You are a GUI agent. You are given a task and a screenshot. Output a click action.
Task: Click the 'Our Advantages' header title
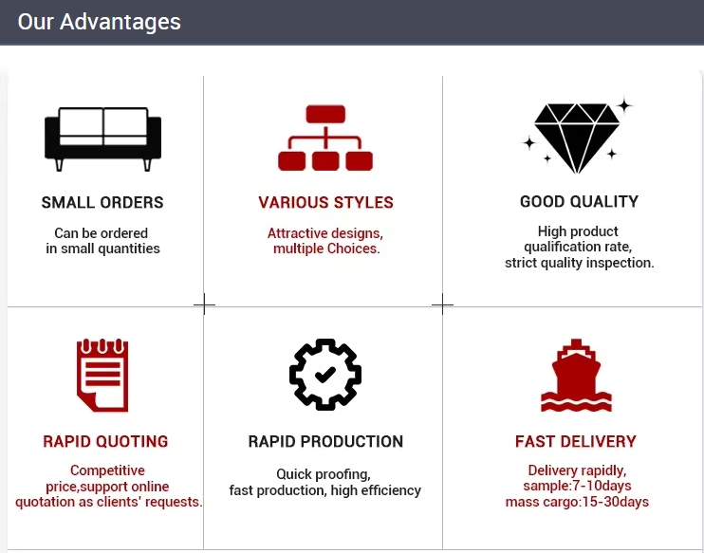100,22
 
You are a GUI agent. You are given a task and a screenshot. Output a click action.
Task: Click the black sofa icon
102,139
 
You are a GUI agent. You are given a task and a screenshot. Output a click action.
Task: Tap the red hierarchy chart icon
325,138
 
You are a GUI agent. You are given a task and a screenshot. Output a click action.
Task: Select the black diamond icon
577,138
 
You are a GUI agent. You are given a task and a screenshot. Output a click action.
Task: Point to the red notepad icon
102,376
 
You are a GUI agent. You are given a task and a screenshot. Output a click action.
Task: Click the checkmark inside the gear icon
325,374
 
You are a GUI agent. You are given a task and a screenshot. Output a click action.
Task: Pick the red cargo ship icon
577,376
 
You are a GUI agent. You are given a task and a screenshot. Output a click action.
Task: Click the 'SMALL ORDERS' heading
102,202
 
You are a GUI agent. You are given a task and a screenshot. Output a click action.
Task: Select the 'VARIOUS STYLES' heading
326,202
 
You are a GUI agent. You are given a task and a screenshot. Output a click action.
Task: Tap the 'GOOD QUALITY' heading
579,201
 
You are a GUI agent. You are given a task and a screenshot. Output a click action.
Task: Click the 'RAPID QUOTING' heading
105,441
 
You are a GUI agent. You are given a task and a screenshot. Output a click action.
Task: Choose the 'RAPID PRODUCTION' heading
326,441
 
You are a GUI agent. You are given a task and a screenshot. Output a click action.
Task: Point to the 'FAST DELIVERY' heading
576,441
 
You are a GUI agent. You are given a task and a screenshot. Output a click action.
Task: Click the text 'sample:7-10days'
578,486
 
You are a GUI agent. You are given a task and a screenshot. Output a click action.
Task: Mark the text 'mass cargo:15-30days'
578,502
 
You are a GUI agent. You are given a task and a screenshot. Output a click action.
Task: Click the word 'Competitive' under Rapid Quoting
108,470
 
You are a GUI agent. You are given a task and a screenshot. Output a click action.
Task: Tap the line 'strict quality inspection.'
580,263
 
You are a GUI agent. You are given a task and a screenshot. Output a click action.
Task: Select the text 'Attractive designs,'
325,233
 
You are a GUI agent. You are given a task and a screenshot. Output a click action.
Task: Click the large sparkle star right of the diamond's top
623,106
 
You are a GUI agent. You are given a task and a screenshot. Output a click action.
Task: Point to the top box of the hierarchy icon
325,114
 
